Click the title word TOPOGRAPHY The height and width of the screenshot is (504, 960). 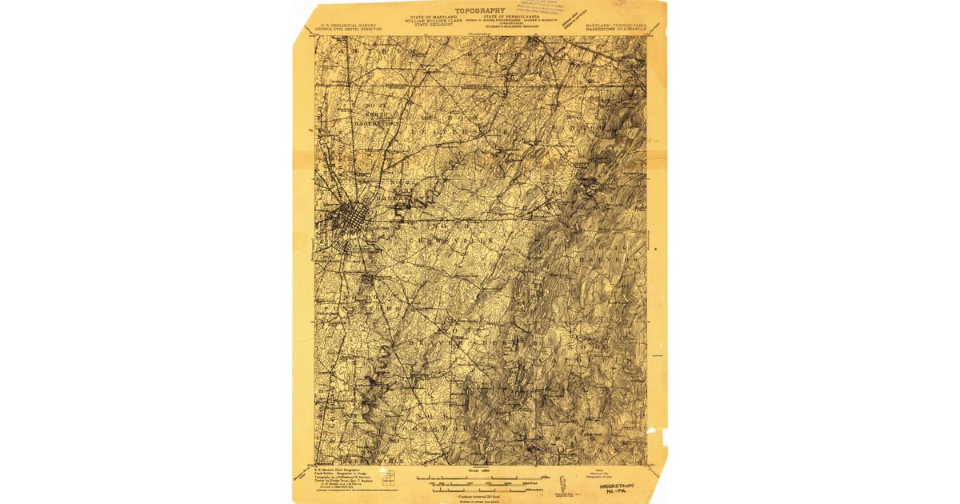coord(480,10)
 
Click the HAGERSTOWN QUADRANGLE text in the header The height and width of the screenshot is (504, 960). coord(615,29)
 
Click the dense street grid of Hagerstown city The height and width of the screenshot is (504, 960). coord(350,214)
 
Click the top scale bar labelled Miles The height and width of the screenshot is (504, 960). coord(479,478)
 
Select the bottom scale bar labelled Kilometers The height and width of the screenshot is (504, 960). coord(479,487)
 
